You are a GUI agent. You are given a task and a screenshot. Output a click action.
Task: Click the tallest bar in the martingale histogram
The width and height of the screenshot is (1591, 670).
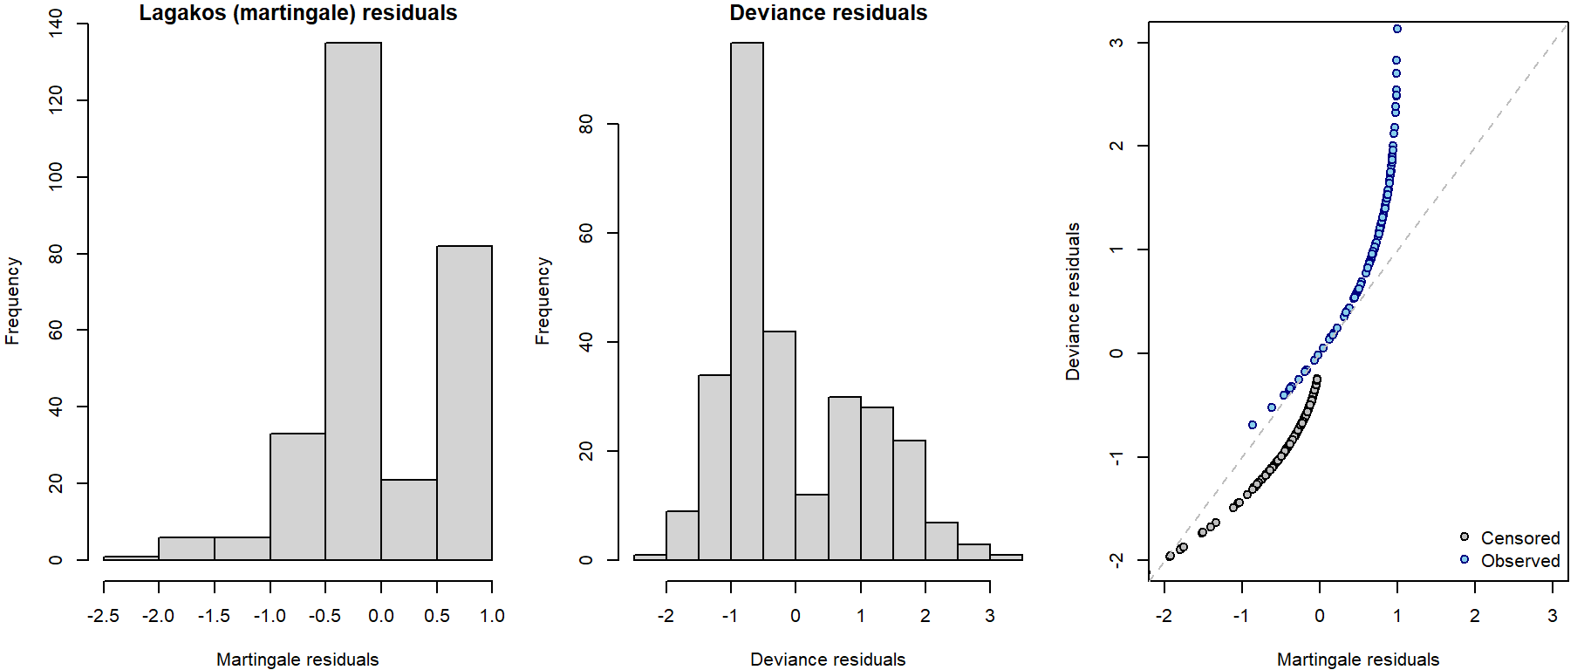(353, 301)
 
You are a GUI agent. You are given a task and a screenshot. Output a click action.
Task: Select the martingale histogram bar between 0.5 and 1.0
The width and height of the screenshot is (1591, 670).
(464, 402)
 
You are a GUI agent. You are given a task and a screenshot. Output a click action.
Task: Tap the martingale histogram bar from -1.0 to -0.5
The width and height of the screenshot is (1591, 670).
(297, 496)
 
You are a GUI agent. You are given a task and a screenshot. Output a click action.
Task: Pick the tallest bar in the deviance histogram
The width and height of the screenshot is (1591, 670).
(747, 301)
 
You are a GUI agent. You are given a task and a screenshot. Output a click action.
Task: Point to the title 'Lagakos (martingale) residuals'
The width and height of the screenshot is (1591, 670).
(298, 13)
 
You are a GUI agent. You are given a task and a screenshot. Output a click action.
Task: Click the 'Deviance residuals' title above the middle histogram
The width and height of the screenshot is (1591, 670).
(828, 13)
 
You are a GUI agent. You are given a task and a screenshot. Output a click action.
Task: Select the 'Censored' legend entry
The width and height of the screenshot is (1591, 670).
(1519, 538)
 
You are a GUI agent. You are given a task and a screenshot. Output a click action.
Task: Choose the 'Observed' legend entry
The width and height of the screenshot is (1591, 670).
(1519, 561)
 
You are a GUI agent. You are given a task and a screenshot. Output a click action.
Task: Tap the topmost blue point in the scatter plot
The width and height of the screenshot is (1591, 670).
(1397, 29)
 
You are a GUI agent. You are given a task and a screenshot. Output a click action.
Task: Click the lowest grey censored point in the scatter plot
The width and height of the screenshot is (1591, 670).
(1170, 557)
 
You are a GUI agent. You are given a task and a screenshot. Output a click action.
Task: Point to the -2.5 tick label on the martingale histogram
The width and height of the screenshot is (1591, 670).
(104, 616)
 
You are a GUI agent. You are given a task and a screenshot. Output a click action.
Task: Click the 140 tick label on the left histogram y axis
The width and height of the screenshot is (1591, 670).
(56, 24)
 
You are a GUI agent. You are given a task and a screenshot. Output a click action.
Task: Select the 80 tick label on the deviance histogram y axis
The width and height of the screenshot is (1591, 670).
(586, 125)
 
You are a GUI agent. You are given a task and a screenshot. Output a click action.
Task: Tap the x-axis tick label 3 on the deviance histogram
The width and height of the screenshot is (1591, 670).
(989, 616)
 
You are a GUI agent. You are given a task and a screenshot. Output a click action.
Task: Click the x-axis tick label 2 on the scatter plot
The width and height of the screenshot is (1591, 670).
(1475, 616)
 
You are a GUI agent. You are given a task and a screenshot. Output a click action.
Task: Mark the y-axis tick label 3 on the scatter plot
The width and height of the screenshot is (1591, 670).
(1116, 43)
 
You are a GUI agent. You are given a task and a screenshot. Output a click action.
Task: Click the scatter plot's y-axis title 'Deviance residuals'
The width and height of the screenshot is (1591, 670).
(1073, 301)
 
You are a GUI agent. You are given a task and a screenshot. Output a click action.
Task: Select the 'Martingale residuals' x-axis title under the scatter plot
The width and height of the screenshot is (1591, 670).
(1358, 660)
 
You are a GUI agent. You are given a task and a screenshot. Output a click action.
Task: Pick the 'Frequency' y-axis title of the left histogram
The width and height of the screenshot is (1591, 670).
(12, 301)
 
